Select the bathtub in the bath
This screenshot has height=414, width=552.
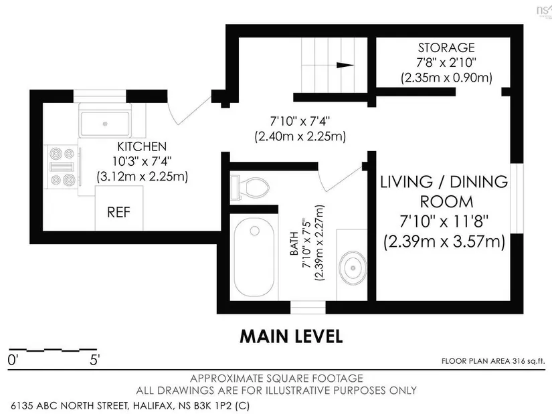pos(254,257)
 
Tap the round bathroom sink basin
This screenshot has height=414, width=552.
pos(353,268)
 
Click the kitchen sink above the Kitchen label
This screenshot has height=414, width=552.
pos(105,124)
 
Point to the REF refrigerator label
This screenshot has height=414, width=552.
pos(118,212)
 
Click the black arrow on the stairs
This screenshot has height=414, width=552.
pos(345,65)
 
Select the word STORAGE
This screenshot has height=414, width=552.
pos(446,47)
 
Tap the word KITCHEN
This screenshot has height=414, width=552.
pos(142,146)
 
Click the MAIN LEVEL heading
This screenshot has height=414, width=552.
pos(291,336)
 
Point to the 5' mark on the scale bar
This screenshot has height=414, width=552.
pos(95,360)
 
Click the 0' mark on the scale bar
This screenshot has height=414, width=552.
pos(13,360)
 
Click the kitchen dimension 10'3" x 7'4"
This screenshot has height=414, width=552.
pos(142,161)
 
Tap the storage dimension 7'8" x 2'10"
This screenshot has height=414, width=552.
pos(446,63)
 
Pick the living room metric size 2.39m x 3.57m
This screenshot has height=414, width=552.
pos(445,242)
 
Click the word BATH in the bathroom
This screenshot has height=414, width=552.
pos(294,243)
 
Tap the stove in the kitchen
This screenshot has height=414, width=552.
pos(62,167)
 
